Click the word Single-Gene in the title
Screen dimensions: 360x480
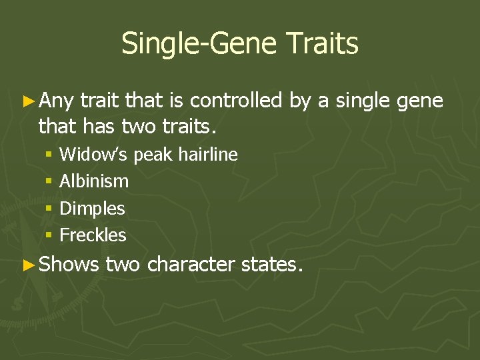point(198,44)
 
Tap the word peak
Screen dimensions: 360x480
point(153,155)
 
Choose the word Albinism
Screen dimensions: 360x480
point(94,181)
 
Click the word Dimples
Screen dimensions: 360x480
point(92,209)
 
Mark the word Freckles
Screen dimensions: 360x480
point(93,235)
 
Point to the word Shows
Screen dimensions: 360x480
point(69,265)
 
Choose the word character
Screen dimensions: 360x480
point(191,265)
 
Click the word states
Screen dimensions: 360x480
point(271,265)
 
